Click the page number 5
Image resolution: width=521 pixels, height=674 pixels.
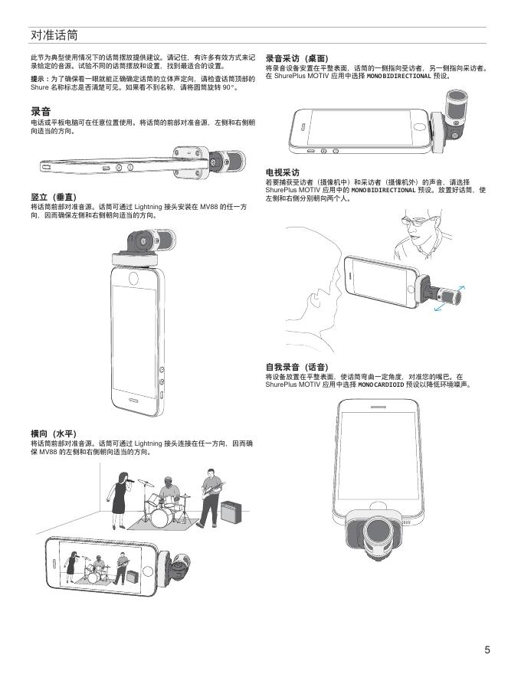coord(487,649)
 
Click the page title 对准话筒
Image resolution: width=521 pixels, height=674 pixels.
coord(54,35)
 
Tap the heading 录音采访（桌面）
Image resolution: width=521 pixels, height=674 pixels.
coord(297,58)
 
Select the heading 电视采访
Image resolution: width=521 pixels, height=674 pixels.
coord(283,172)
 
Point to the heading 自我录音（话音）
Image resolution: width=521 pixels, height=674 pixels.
coord(297,367)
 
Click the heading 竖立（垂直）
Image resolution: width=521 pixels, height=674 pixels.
coord(54,198)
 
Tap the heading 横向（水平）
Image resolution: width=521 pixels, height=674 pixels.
coord(54,434)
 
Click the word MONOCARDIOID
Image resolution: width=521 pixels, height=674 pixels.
coord(381,384)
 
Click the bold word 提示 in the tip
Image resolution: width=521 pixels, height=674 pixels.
coord(37,79)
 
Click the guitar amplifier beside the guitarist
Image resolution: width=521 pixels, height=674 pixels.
coord(231,512)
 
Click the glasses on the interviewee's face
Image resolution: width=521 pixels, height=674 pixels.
coord(416,222)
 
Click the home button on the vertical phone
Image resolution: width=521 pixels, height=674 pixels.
coord(133,278)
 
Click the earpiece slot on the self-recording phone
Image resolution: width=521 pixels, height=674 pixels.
coord(378,407)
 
